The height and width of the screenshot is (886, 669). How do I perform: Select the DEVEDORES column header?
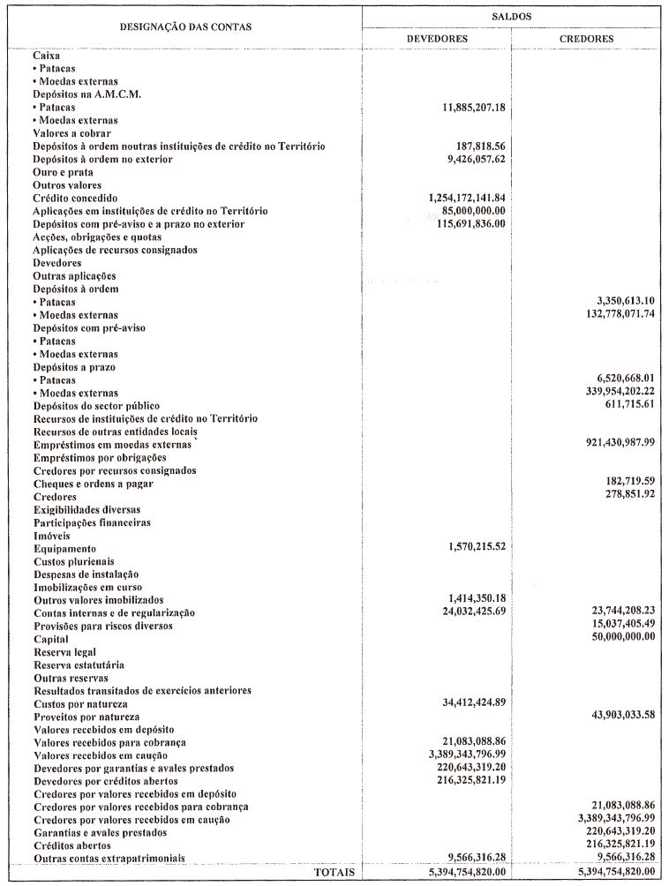point(437,39)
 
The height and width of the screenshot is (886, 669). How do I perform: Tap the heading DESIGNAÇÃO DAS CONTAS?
point(185,26)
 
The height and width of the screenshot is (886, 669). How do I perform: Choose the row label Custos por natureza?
point(80,703)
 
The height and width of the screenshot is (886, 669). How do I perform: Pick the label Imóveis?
point(51,536)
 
